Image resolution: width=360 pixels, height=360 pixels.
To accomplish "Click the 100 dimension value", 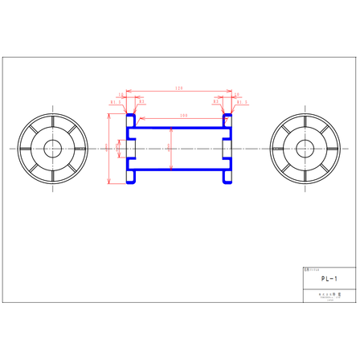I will tap(184, 117).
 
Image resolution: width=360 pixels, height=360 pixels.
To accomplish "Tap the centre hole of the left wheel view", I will tap(54, 149).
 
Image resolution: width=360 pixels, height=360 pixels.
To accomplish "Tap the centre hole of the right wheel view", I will tap(305, 149).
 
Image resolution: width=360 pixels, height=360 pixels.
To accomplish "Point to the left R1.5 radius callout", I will tap(114, 103).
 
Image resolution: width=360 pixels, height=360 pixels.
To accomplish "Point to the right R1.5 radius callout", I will tap(243, 103).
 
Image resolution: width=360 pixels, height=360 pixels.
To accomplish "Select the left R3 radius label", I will tap(141, 103).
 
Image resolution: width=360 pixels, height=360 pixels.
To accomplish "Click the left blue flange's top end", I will tap(130, 116).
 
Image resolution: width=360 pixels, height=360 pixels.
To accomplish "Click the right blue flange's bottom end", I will tap(228, 181).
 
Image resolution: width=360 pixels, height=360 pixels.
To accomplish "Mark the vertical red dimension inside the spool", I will tap(170, 148).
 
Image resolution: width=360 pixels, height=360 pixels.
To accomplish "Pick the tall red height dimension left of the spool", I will tap(108, 148).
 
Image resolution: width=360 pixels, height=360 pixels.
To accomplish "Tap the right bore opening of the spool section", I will tap(230, 149).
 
